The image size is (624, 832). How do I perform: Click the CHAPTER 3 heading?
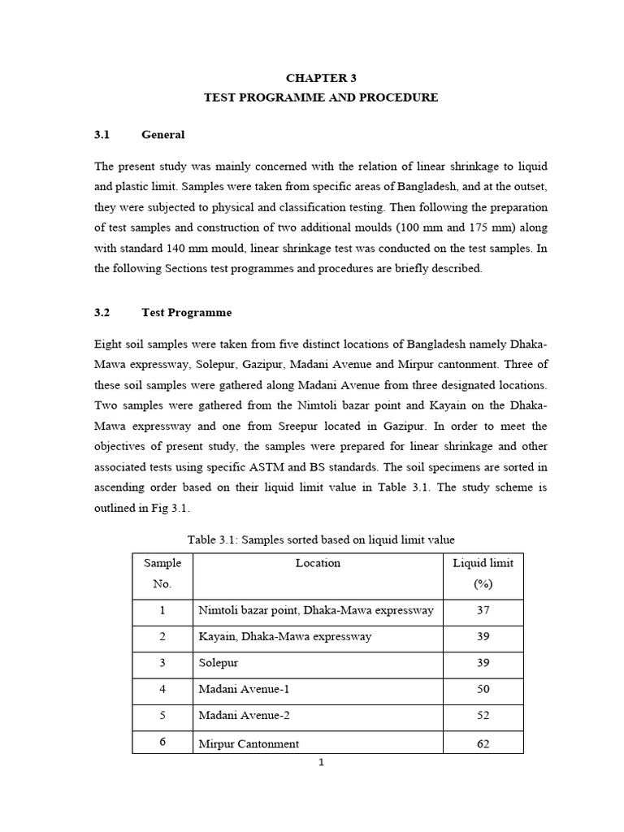coord(320,78)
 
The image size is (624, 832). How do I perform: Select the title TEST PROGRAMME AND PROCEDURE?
coord(320,97)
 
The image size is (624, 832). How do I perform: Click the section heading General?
coord(162,135)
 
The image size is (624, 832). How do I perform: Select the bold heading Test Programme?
coord(186,312)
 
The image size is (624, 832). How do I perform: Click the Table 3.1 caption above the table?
coord(321,539)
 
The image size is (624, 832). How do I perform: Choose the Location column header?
coord(318,563)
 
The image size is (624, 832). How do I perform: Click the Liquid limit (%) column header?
coord(483,573)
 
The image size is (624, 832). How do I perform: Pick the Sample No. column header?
coord(162,573)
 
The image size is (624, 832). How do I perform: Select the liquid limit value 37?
coord(483,610)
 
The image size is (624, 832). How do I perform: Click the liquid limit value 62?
coord(483,743)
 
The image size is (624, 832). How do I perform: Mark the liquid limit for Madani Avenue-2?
coord(483,717)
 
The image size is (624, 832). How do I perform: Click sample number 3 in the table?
coord(162,663)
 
